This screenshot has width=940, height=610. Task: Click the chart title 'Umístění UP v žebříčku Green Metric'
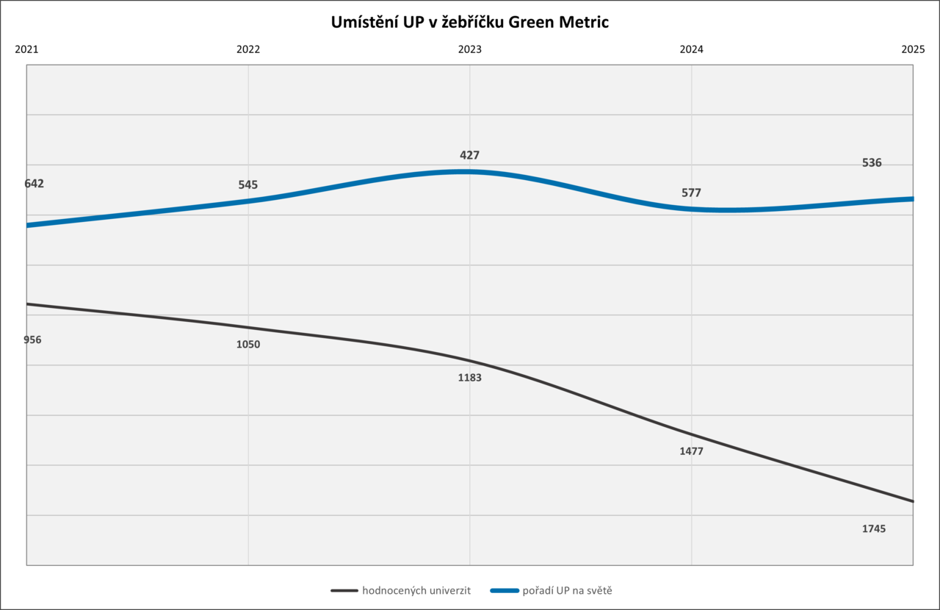pos(470,23)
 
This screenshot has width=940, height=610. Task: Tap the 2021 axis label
pos(26,50)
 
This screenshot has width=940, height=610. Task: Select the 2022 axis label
pos(248,50)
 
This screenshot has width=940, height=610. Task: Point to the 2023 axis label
pos(470,50)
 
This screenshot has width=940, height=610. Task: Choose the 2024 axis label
pos(691,50)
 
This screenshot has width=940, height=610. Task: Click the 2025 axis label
pos(913,50)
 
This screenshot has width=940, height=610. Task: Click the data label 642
pos(34,184)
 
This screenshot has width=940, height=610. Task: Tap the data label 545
pos(248,185)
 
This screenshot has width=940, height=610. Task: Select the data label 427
pos(470,156)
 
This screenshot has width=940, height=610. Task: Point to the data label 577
pos(691,193)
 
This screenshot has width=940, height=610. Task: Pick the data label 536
pos(872,163)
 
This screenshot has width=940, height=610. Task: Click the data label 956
pos(32,340)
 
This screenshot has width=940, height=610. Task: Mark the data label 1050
pos(248,344)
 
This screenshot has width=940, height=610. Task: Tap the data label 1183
pos(470,378)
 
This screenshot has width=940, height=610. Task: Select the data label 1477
pos(691,451)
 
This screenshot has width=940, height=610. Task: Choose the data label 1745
pos(874,528)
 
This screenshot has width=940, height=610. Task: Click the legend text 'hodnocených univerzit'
pos(416,590)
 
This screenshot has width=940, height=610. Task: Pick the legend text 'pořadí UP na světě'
pos(566,590)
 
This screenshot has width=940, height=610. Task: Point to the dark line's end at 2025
pos(912,501)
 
